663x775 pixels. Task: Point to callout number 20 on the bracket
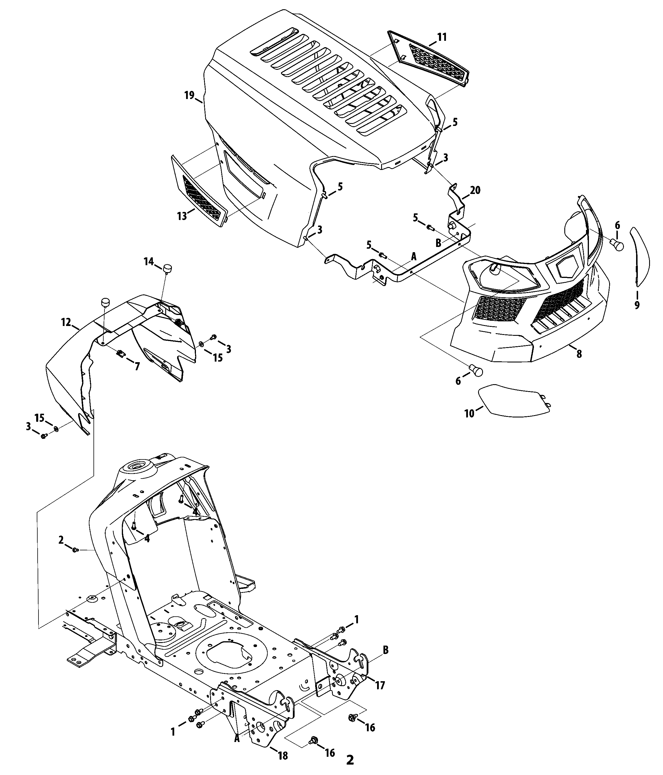click(x=475, y=190)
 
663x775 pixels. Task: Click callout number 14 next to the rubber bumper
click(x=149, y=261)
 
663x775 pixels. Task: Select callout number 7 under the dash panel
click(x=137, y=367)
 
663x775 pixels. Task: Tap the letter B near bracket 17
click(x=385, y=650)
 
